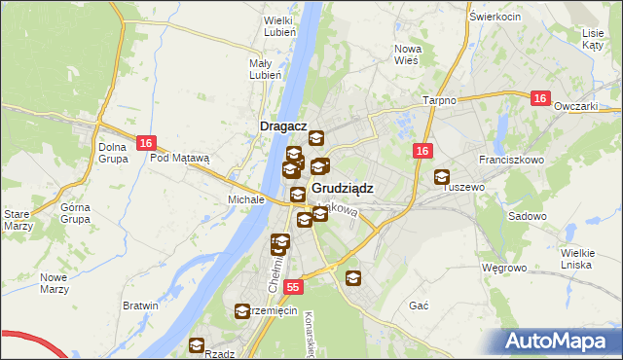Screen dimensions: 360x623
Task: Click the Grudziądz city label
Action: pos(342,188)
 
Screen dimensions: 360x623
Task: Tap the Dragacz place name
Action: pos(283,126)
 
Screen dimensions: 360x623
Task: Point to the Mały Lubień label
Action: pos(265,68)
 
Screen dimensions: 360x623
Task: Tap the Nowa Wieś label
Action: pos(407,54)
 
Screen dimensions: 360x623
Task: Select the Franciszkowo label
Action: pos(509,158)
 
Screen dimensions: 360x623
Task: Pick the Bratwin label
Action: pos(141,306)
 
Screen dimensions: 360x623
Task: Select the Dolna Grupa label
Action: pos(113,153)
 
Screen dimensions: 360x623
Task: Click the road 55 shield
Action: pos(294,288)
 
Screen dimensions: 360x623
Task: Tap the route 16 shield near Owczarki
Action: pos(541,98)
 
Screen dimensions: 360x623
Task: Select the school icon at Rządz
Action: pos(196,345)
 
